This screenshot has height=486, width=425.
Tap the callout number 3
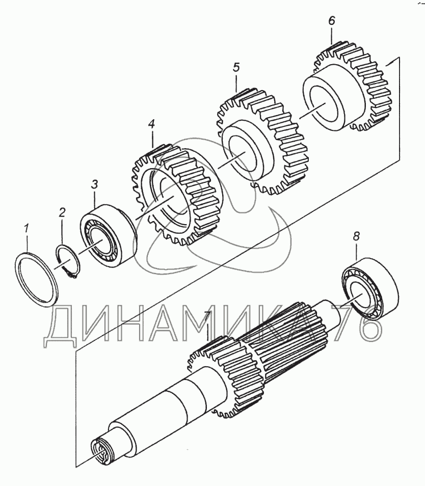[94, 184]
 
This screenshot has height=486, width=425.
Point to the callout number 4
[151, 124]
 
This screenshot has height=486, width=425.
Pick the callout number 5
[236, 68]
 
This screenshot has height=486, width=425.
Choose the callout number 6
[332, 21]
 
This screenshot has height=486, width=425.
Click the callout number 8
[356, 236]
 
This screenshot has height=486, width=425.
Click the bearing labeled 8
[369, 288]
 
